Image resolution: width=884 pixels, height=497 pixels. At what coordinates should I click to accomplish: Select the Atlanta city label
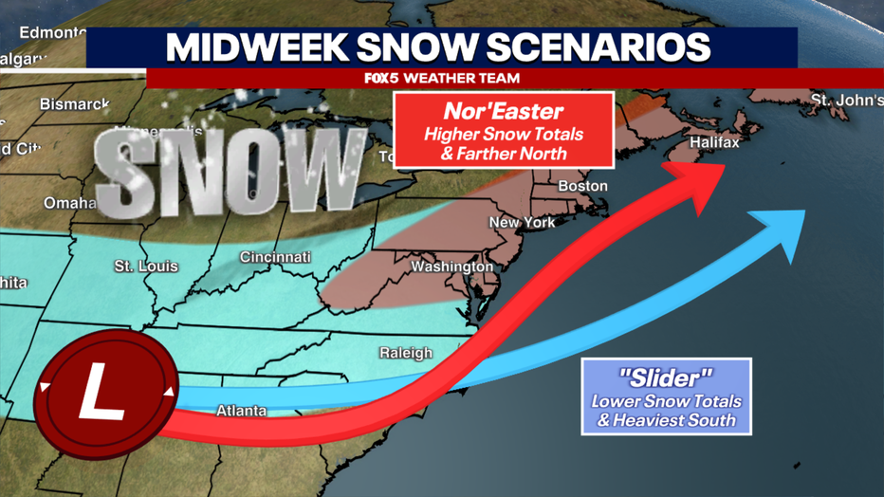(x=241, y=411)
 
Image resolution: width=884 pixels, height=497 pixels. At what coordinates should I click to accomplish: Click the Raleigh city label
(x=405, y=353)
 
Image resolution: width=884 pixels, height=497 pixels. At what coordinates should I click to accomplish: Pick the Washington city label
(x=451, y=267)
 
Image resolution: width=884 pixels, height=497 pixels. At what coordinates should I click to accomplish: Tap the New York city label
(x=522, y=222)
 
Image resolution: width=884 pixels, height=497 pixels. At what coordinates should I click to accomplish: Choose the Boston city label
(x=582, y=186)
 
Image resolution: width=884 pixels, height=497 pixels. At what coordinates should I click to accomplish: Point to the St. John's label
(x=846, y=101)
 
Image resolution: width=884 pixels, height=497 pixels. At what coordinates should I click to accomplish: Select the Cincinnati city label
(x=275, y=257)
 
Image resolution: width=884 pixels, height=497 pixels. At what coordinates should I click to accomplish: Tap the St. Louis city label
(x=146, y=267)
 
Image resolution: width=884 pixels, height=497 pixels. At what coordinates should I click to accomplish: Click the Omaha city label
(x=70, y=203)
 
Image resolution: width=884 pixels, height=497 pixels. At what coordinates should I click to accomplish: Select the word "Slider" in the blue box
(x=666, y=377)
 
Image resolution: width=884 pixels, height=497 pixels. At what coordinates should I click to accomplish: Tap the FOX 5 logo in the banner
(x=382, y=78)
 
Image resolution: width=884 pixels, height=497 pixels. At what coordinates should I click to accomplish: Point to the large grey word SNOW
(x=228, y=172)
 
